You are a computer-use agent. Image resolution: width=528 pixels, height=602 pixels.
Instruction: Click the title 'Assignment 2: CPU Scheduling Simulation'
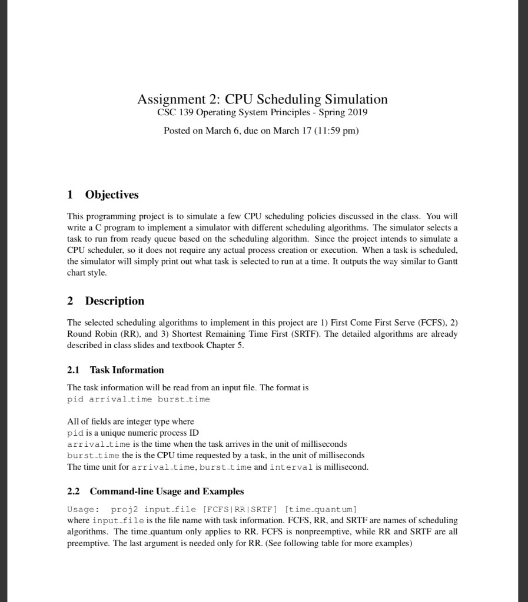point(263,99)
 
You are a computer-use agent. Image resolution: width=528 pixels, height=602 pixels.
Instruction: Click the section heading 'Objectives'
point(112,195)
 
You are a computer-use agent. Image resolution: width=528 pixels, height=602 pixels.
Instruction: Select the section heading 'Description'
point(114,301)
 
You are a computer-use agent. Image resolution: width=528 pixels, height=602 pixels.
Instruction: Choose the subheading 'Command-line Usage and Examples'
point(167,491)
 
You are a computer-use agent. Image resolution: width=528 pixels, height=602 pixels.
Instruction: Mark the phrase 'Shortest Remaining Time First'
point(230,334)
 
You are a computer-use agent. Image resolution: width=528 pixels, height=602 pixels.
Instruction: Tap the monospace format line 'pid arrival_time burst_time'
point(138,399)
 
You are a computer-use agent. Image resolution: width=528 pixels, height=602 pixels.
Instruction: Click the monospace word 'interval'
point(288,467)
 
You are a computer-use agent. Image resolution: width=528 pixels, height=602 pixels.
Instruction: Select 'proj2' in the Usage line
point(124,509)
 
